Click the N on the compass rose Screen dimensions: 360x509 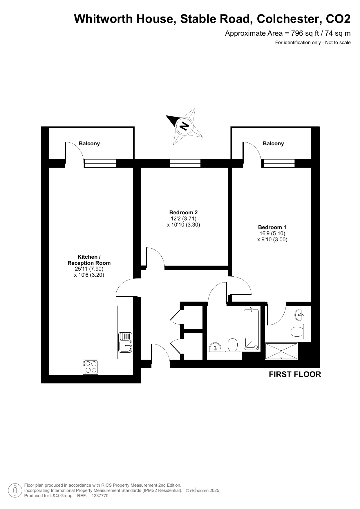[x=184, y=126]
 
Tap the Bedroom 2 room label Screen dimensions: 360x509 [x=183, y=213]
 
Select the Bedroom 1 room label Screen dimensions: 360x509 [x=272, y=227]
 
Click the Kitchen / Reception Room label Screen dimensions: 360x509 [x=89, y=260]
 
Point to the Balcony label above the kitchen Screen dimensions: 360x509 [x=89, y=144]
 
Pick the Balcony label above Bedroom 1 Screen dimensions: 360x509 [x=273, y=144]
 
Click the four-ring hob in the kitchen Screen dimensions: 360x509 [x=91, y=367]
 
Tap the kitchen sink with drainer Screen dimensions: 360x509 [x=125, y=343]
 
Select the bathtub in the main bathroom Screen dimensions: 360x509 [x=251, y=330]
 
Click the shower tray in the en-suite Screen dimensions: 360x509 [x=281, y=351]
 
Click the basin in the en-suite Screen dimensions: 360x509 [x=300, y=315]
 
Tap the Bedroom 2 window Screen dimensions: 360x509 [x=185, y=163]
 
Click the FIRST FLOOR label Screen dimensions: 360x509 [x=295, y=374]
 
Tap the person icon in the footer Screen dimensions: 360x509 [x=15, y=490]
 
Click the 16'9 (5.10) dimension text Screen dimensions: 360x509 [x=272, y=233]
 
